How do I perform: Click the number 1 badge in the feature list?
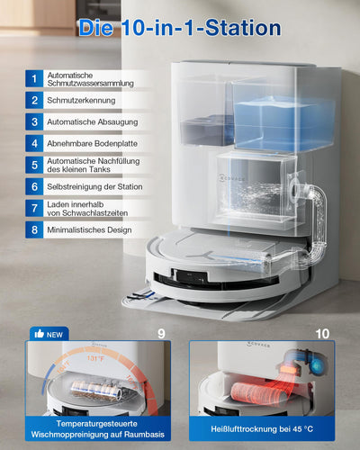tap(33, 79)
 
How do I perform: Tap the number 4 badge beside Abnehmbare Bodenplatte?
tap(33, 142)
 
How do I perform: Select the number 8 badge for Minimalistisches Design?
tap(33, 229)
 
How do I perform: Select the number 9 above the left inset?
tap(161, 332)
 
